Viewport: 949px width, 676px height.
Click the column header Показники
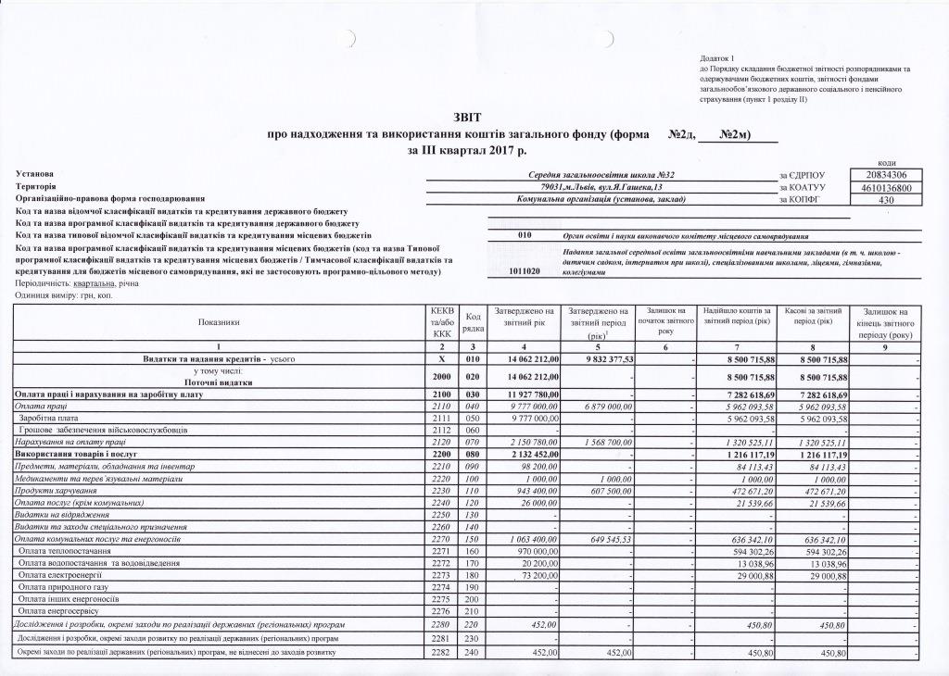tap(219, 322)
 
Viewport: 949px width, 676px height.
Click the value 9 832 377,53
tap(599, 358)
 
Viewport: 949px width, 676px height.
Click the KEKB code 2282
tap(442, 655)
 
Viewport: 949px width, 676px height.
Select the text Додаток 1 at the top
tap(719, 57)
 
